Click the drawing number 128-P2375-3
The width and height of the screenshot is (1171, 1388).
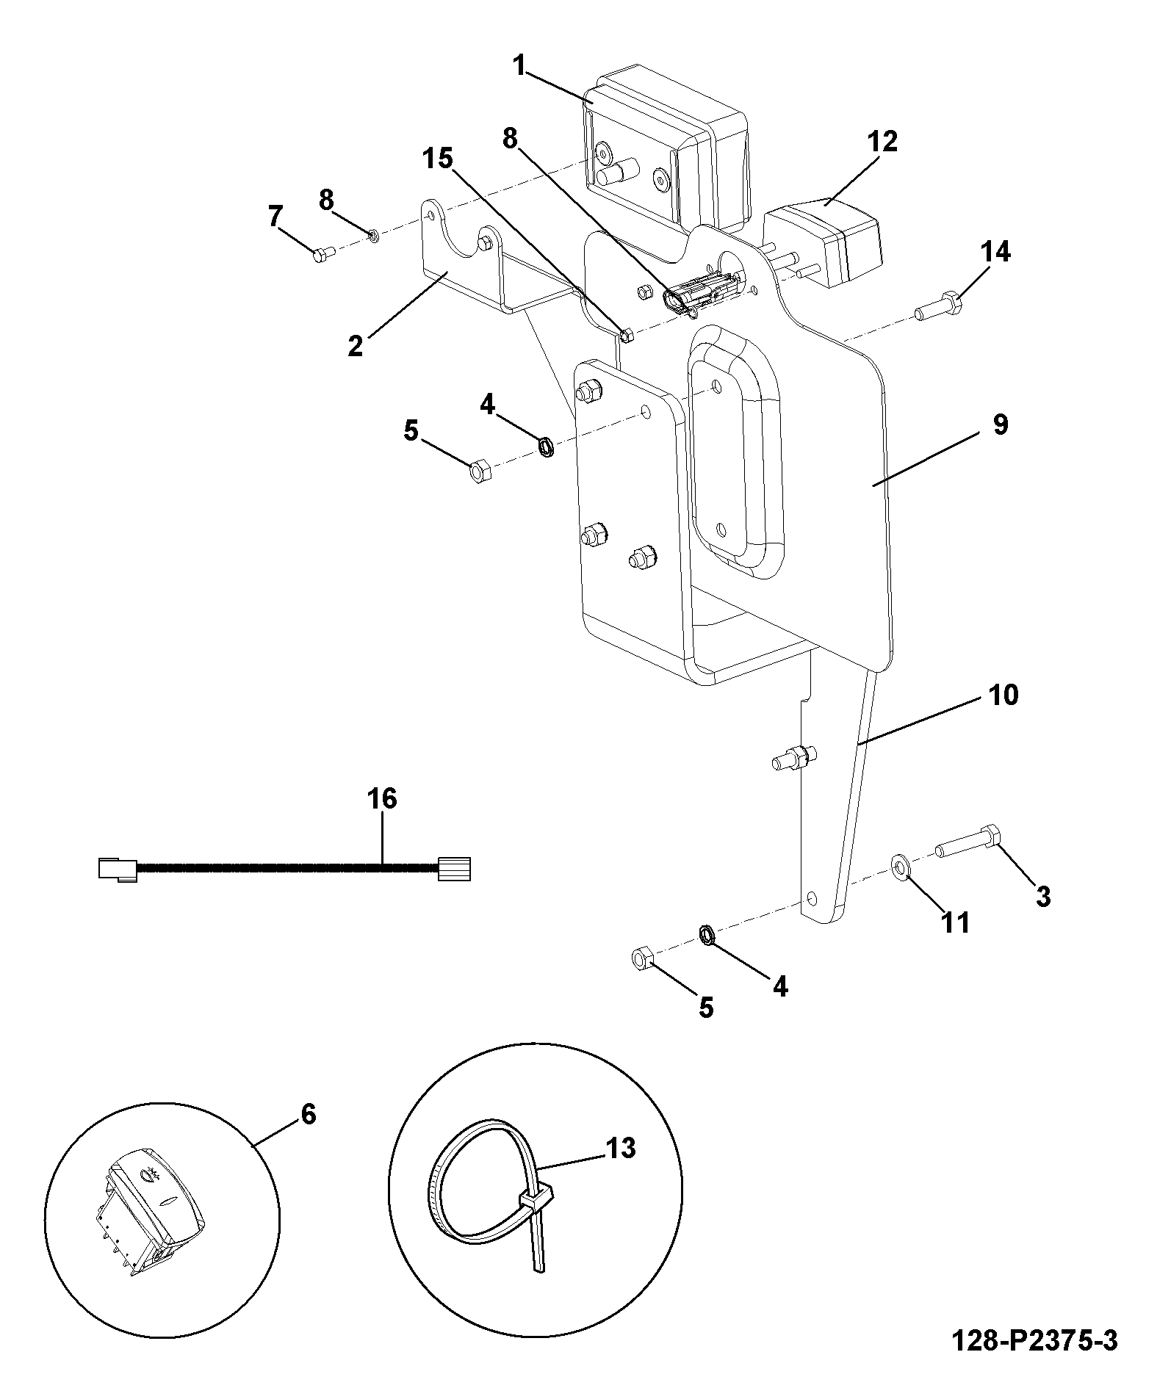click(1034, 1342)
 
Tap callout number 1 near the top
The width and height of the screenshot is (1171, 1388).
click(520, 67)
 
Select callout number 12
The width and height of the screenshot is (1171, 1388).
click(882, 142)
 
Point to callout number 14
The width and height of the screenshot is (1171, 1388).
click(995, 252)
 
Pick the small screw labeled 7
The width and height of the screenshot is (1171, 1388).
click(323, 253)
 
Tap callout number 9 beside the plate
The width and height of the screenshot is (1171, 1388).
click(1000, 424)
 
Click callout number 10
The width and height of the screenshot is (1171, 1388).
click(1004, 694)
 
